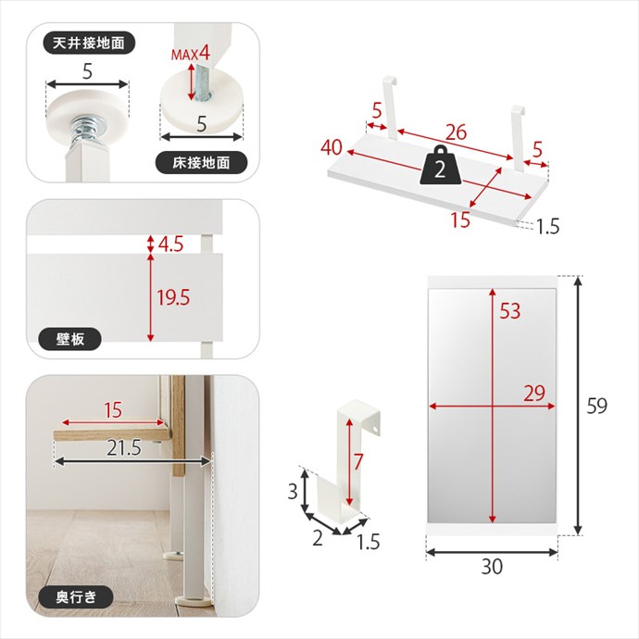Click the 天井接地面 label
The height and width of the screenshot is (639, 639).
pyautogui.click(x=88, y=43)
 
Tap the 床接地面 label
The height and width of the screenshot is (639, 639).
pyautogui.click(x=201, y=163)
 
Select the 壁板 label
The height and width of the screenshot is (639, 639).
pyautogui.click(x=69, y=339)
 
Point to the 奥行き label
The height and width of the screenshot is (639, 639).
pyautogui.click(x=76, y=597)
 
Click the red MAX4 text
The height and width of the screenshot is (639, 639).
pyautogui.click(x=191, y=54)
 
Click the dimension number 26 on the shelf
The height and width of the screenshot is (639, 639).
pyautogui.click(x=456, y=132)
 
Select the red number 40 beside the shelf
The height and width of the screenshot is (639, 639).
pyautogui.click(x=332, y=147)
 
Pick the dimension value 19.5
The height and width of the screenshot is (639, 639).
pyautogui.click(x=173, y=298)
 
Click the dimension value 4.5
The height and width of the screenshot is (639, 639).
pyautogui.click(x=170, y=244)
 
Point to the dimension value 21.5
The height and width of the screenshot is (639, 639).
pyautogui.click(x=124, y=448)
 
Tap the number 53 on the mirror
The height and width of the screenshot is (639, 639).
pyautogui.click(x=510, y=311)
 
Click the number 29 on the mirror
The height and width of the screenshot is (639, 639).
pyautogui.click(x=534, y=394)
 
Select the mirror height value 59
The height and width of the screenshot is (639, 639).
pyautogui.click(x=597, y=406)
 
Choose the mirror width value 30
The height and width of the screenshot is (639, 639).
pyautogui.click(x=492, y=567)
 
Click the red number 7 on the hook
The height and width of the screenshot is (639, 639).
pyautogui.click(x=357, y=462)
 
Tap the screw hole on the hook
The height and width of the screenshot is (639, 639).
pyautogui.click(x=374, y=429)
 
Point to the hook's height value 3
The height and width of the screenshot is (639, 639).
pyautogui.click(x=293, y=492)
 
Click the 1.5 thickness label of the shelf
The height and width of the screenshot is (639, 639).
pyautogui.click(x=547, y=227)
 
